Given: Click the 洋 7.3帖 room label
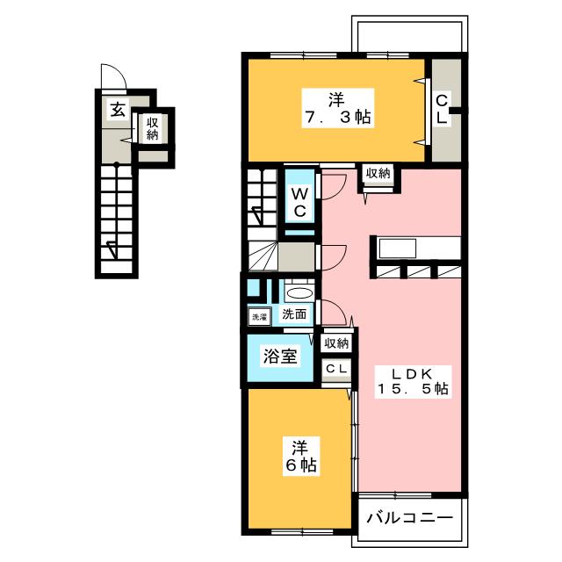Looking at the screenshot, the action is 337,108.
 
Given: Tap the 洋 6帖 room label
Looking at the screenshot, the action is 301,457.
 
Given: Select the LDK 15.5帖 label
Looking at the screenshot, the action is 413,381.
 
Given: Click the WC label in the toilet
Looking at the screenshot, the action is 300,203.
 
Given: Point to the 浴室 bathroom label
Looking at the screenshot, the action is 280,357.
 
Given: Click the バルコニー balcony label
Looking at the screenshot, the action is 410,517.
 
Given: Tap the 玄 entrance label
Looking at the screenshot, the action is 118,110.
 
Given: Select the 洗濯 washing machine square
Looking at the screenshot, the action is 260,317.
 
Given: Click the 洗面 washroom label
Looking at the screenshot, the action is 294,314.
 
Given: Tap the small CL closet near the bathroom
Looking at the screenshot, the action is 336,369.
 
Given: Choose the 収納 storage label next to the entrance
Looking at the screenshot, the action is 152,129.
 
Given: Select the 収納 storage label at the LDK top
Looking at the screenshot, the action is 378,174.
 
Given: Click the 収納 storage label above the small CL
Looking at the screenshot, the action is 336,343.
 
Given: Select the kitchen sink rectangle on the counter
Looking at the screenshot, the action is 398,249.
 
